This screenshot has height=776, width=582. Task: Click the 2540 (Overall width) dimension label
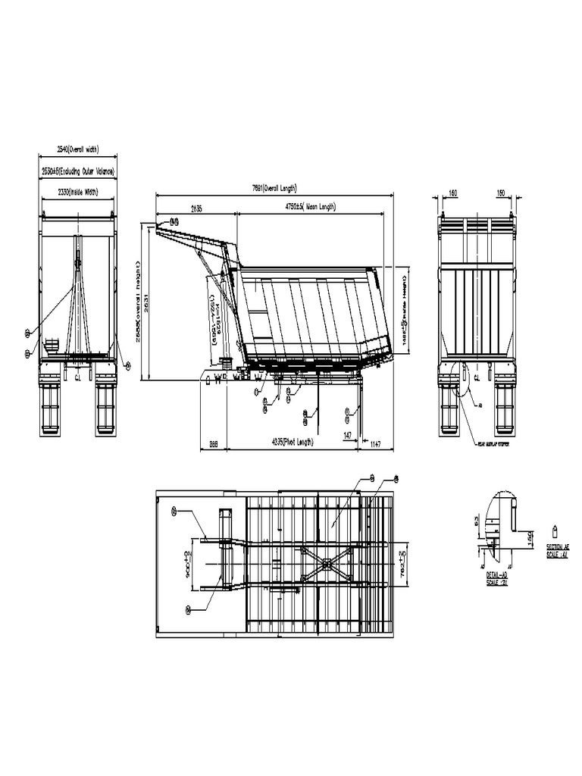click(77, 150)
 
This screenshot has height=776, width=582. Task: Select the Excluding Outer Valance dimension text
click(77, 172)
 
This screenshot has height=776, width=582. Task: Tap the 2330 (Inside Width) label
click(78, 192)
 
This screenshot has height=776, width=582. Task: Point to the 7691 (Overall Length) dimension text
click(274, 188)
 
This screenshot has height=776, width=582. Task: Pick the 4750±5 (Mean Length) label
click(310, 207)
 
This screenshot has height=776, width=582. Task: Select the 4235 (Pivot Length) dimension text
click(292, 442)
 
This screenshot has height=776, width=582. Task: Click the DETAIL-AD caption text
click(496, 576)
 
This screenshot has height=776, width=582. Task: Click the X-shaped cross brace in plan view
click(326, 563)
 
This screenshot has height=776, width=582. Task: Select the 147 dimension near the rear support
click(347, 435)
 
